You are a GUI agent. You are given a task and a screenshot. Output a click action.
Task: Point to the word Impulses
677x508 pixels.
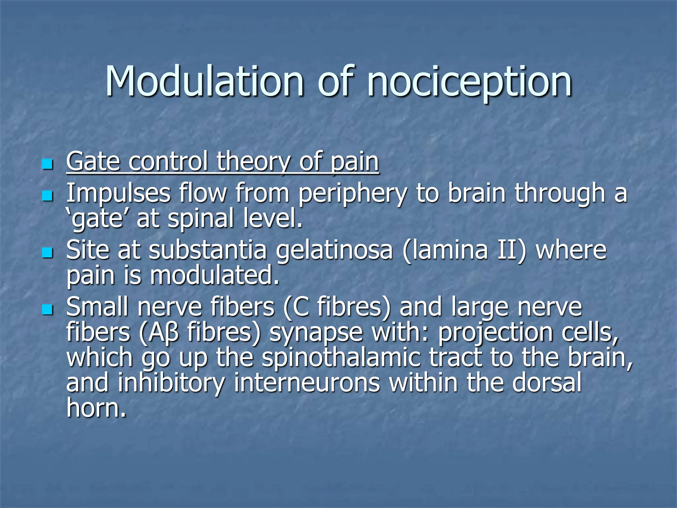[118, 193]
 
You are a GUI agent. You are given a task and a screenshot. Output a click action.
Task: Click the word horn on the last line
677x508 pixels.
[96, 407]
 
